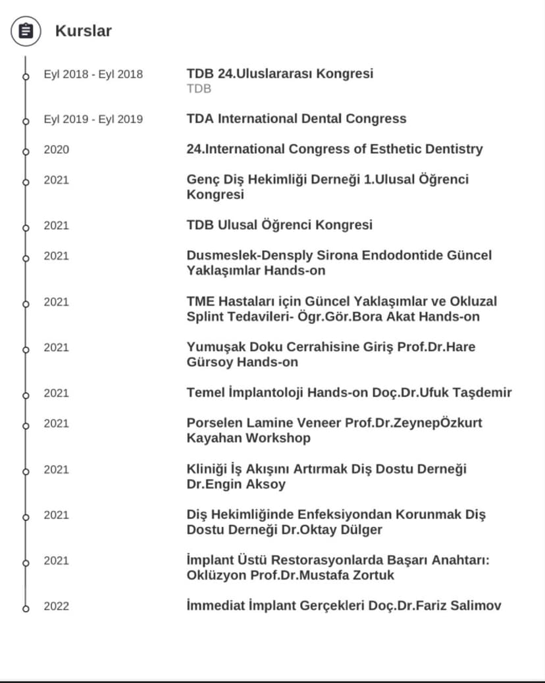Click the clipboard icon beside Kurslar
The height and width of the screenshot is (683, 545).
coord(26,31)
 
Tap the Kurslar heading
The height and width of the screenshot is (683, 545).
coord(83,31)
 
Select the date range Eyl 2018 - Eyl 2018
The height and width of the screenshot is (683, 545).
coord(93,74)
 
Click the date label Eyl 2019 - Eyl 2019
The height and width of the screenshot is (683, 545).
coord(93,119)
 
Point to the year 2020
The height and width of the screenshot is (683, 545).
coord(56,150)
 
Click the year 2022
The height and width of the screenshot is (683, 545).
coord(56,606)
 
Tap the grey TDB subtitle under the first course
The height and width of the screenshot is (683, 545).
coord(199,89)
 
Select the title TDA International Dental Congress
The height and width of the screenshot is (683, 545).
coord(296,119)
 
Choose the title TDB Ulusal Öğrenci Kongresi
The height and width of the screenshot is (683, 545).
coord(279,225)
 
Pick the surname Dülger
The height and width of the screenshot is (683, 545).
coord(361,530)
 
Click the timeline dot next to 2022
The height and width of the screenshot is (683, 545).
coord(26,608)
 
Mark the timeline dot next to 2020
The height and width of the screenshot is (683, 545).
coord(26,151)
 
